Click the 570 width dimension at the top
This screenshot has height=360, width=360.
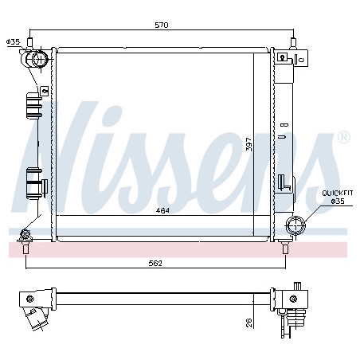tap(162, 25)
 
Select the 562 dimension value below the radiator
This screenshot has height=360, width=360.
tap(155, 263)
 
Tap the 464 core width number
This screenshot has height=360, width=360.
tap(162, 210)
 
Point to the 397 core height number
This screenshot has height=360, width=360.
tap(248, 144)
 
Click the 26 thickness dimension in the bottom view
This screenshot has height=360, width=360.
tap(249, 323)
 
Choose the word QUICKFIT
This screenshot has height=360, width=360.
tap(338, 193)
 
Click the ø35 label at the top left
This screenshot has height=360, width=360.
tap(13, 41)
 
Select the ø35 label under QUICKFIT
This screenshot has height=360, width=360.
tap(338, 202)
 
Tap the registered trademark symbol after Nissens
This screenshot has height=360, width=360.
tap(344, 137)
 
